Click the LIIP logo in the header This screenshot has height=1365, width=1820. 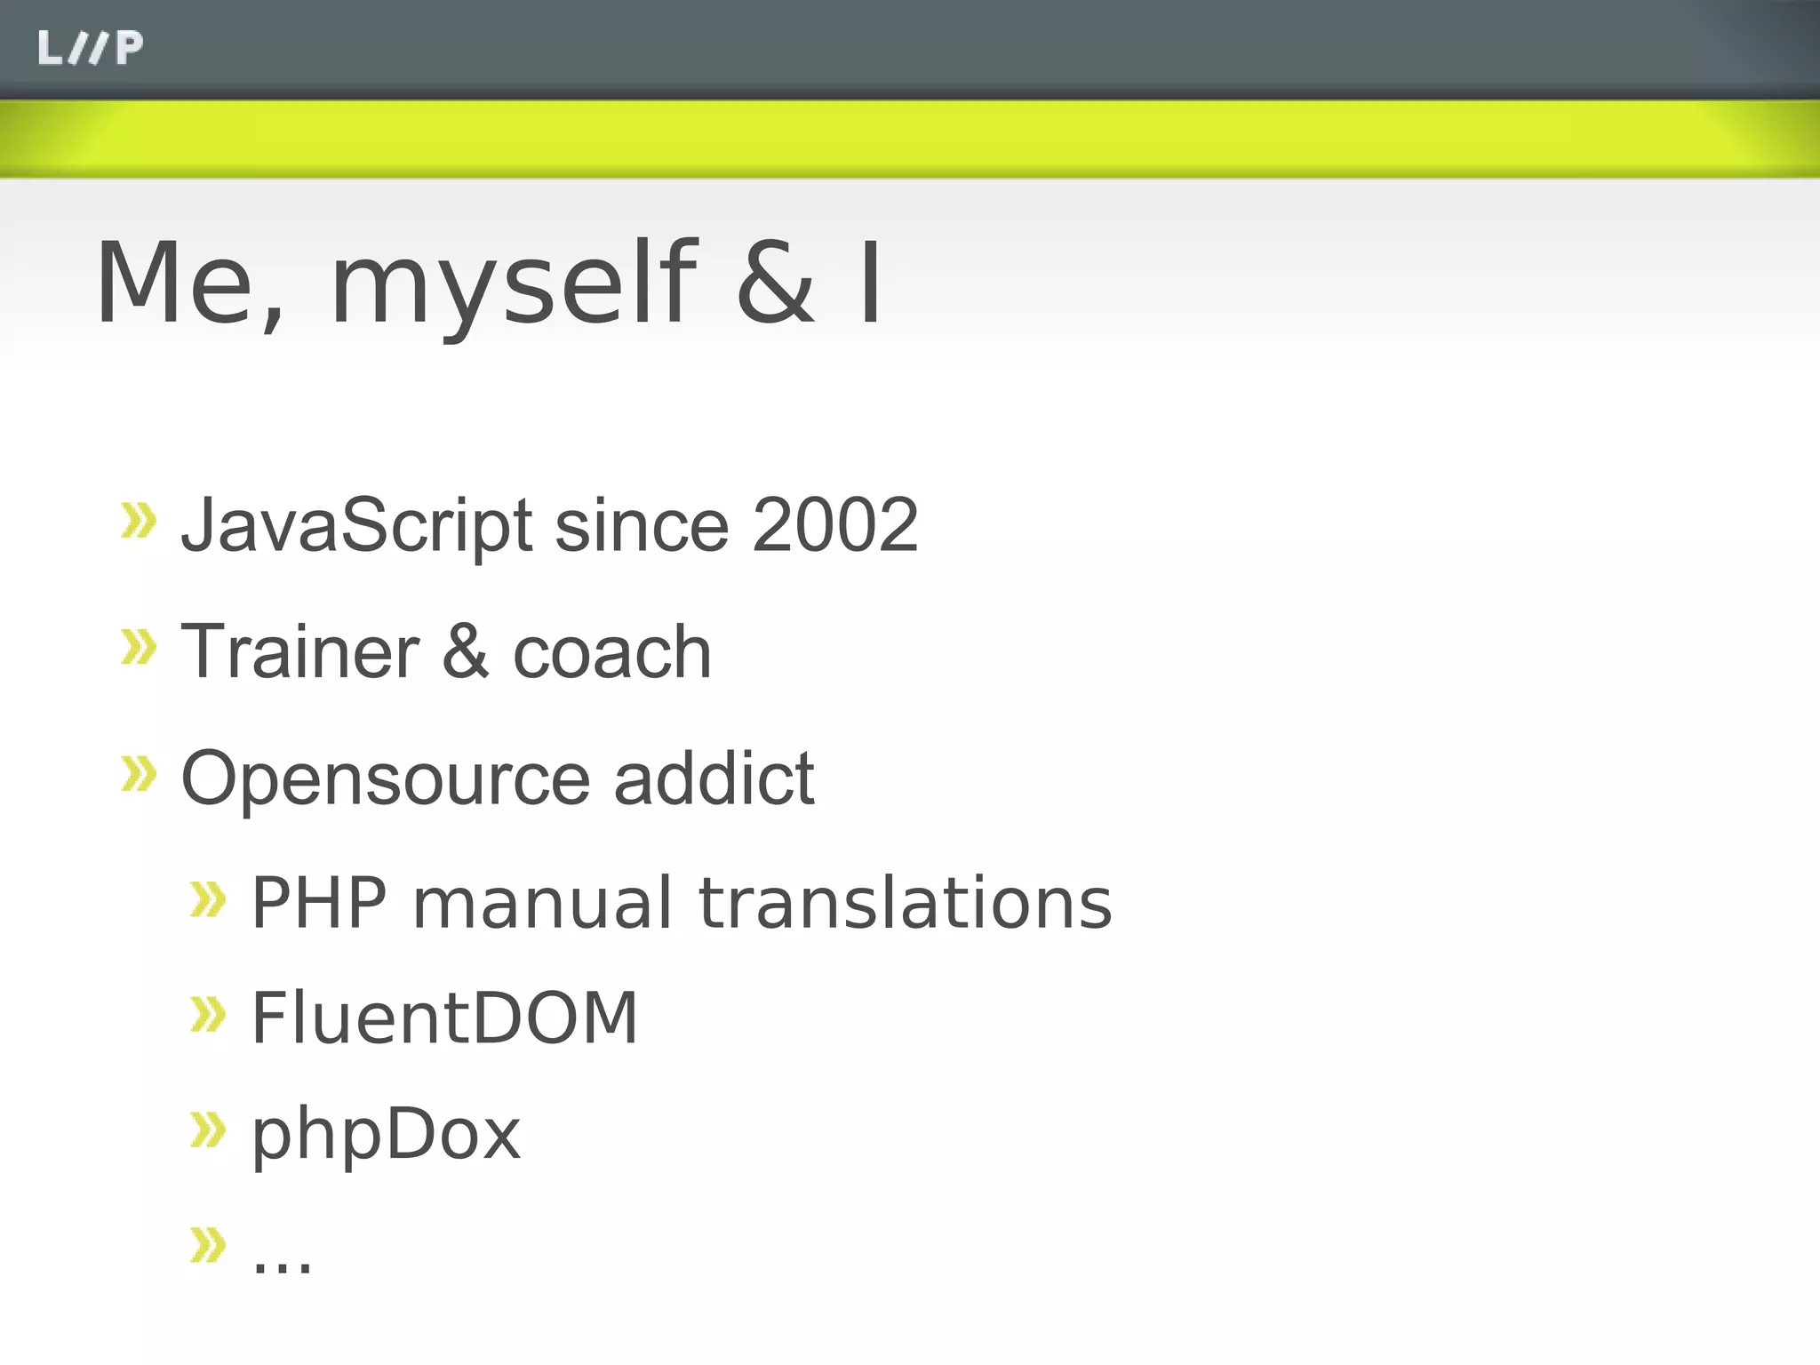[x=90, y=48]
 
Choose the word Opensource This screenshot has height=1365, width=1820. [x=386, y=778]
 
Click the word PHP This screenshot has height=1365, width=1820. [x=319, y=903]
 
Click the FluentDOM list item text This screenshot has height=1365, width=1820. [x=444, y=1018]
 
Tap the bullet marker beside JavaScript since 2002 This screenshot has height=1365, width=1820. [x=139, y=521]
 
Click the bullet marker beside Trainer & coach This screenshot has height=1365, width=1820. [x=139, y=647]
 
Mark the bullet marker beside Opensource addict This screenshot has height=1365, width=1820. [x=139, y=774]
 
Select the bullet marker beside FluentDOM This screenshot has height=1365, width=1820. [x=209, y=1015]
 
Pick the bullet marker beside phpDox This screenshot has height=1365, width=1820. [x=209, y=1130]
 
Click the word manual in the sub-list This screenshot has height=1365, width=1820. [x=542, y=903]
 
